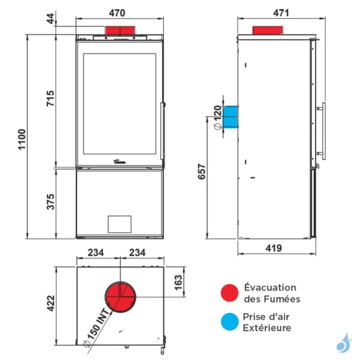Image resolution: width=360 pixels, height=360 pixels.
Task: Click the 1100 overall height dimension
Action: point(22,140)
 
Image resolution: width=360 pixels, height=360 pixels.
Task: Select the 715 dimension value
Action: point(50,98)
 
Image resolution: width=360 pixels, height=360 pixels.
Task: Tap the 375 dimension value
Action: point(50,202)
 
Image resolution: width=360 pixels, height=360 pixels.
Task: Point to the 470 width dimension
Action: point(117,13)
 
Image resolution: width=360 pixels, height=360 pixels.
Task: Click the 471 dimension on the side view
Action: point(281,13)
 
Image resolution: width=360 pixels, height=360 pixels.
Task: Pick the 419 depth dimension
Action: point(274,248)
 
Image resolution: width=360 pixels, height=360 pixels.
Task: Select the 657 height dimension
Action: point(202,171)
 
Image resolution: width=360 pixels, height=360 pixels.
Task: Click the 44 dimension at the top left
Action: point(50,19)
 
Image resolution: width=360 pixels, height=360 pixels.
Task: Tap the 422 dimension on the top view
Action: point(51,303)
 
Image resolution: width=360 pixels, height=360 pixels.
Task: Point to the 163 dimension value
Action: point(178,283)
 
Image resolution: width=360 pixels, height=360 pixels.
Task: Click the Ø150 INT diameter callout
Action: point(97,328)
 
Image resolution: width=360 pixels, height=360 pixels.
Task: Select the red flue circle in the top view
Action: point(121,297)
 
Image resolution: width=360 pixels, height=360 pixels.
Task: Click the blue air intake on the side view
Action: point(230,116)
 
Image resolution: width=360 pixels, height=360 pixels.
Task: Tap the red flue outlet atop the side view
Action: point(268,31)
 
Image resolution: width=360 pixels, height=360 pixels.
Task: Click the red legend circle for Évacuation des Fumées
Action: point(230,293)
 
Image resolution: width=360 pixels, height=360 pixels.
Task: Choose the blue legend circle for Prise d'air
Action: point(230,322)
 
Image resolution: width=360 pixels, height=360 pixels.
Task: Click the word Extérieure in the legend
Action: point(267,328)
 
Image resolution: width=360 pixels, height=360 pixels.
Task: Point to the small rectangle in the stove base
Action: point(119,224)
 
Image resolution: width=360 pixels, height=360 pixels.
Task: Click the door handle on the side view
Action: point(322,131)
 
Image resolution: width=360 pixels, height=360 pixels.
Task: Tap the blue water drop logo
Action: point(344,343)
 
